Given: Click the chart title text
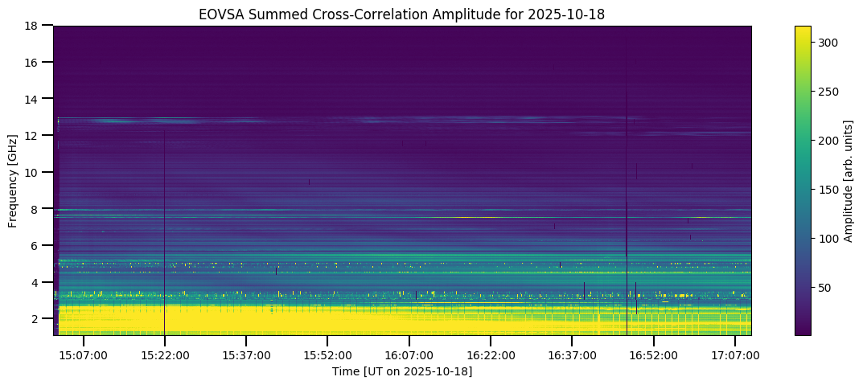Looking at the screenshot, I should [x=402, y=14].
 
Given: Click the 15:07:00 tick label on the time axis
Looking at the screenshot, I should [x=84, y=355].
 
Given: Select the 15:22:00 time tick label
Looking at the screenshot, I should [x=165, y=355].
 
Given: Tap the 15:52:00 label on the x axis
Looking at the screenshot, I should [x=327, y=355].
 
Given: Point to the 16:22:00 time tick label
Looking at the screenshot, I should [x=491, y=355].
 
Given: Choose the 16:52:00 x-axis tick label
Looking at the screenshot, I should [x=653, y=355].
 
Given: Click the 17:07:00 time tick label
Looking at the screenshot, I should [x=735, y=355].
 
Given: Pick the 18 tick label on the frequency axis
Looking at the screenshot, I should [x=32, y=26].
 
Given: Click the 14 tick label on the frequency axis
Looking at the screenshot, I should [x=32, y=99].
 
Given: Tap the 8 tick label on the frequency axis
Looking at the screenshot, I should [x=35, y=209].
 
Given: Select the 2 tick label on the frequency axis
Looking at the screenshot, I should [x=35, y=319].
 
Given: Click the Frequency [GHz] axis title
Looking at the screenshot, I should [x=13, y=181].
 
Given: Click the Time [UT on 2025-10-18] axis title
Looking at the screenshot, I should [x=402, y=371].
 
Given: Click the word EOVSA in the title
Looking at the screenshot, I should [x=218, y=14].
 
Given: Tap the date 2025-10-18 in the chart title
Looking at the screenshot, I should [x=573, y=14].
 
